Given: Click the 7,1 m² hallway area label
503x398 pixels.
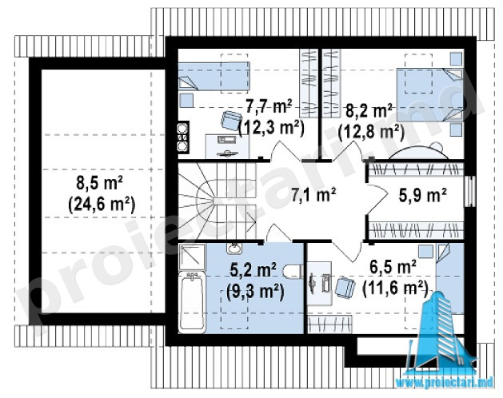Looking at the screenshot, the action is point(313,195).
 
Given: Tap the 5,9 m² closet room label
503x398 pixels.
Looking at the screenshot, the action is point(422,195).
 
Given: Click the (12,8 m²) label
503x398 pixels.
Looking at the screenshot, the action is point(371,131).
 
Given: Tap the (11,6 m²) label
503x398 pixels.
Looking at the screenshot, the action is point(396,288).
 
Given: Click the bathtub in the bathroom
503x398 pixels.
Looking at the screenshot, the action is point(192,301).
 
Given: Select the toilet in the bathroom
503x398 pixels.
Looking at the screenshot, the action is point(293,271).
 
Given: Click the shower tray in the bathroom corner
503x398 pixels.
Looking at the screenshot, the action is point(192,257).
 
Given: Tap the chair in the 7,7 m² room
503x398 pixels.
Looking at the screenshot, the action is point(231,120).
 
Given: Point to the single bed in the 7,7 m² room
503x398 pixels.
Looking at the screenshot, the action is point(214,76).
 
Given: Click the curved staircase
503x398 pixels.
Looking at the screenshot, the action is point(218,201).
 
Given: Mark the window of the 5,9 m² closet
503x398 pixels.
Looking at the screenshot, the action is point(470,191).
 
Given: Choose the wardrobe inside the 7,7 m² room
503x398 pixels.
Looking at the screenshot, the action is point(309,83).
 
